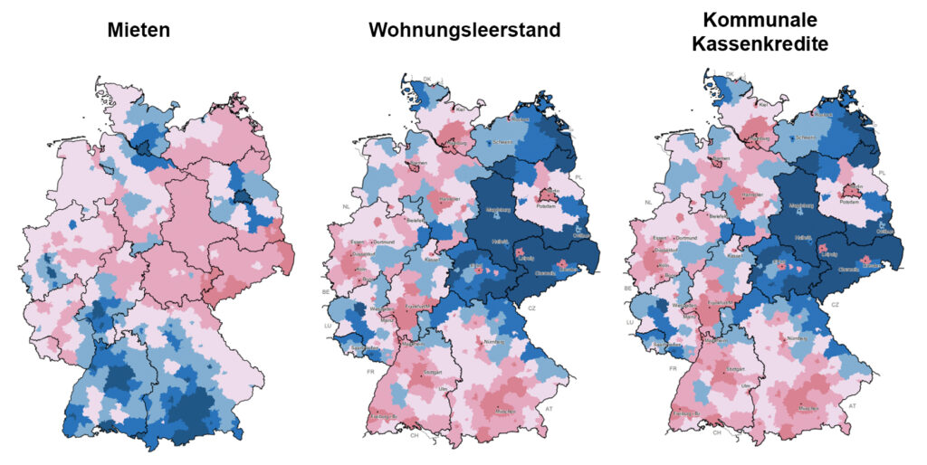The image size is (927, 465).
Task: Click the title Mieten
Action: pyautogui.click(x=139, y=31)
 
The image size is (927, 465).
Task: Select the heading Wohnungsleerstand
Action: pyautogui.click(x=463, y=31)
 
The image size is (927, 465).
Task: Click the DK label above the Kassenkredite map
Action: pyautogui.click(x=730, y=75)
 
